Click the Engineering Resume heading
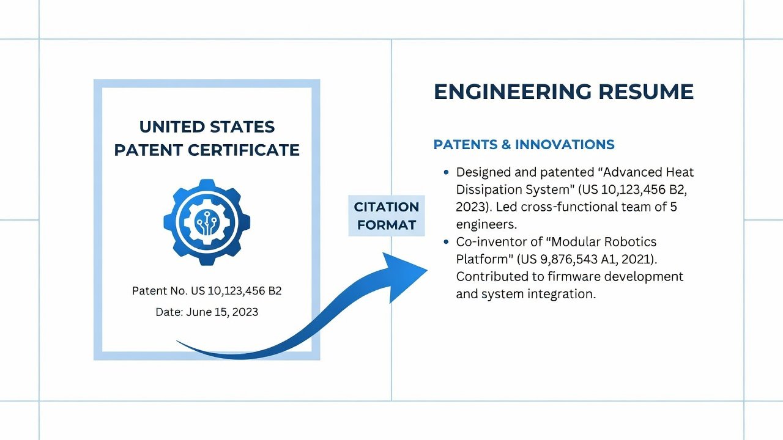pos(563,92)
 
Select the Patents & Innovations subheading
pos(524,145)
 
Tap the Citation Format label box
pos(386,216)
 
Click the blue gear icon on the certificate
pos(207,222)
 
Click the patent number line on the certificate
pos(207,291)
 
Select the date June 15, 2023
pos(222,312)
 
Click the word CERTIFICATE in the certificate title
pos(243,150)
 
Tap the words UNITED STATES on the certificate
pos(207,127)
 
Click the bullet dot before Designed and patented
pos(446,172)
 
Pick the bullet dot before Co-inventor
pos(446,241)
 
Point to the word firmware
pos(574,277)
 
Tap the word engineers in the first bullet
pos(486,224)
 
